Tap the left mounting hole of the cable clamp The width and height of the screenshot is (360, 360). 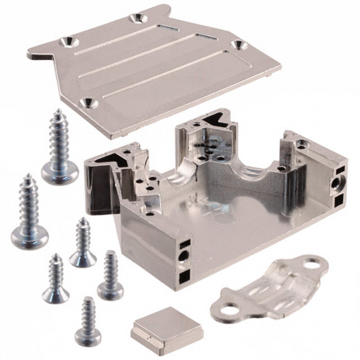click(x=228, y=309)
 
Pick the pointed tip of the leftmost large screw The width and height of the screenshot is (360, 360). click(x=26, y=178)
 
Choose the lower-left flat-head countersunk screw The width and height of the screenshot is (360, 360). click(x=56, y=293)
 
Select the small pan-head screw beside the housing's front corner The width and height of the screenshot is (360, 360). click(x=110, y=289)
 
